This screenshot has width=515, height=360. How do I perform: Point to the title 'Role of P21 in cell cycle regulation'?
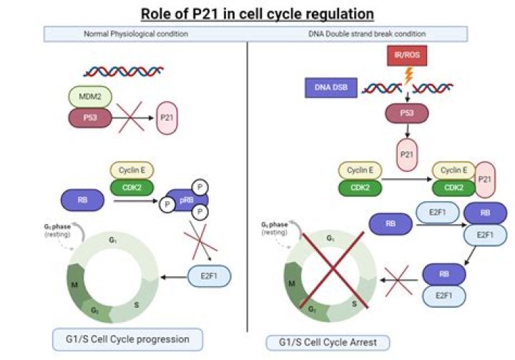(257, 12)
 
